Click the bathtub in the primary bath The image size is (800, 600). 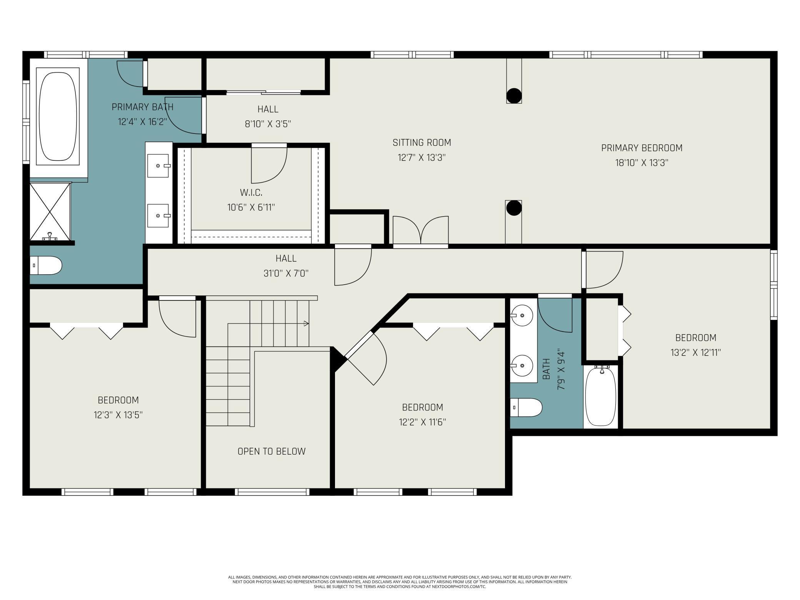(58, 117)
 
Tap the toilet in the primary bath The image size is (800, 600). (46, 265)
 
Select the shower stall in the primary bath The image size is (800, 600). (50, 212)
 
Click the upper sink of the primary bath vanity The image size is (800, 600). (158, 166)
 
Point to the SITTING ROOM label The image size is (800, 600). (422, 143)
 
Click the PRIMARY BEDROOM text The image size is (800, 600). (642, 148)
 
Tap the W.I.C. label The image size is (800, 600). (251, 192)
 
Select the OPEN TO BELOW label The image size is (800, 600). (272, 451)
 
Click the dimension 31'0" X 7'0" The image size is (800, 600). (286, 273)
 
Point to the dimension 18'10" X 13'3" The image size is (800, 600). (642, 163)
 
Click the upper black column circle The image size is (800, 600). (514, 96)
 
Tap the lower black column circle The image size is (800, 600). (514, 208)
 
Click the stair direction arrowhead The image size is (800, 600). (307, 323)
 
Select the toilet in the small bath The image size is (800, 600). (526, 407)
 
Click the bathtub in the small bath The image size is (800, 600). (601, 397)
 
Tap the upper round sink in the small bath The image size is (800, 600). (522, 315)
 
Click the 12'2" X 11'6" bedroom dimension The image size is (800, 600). (422, 422)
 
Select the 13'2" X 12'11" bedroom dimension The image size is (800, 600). (696, 353)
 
